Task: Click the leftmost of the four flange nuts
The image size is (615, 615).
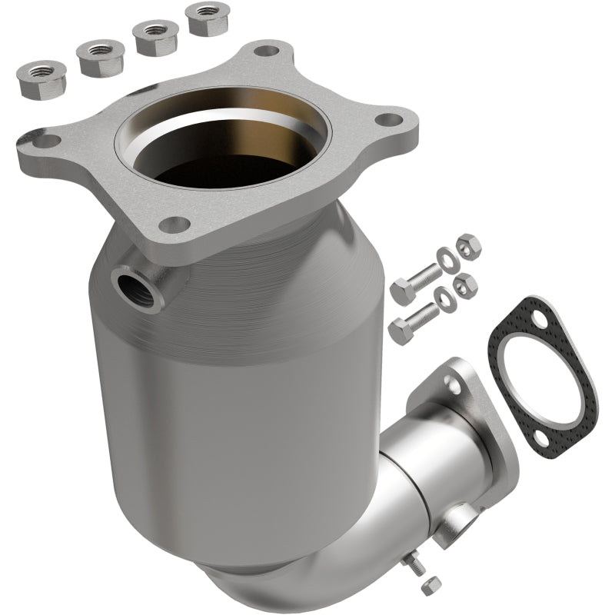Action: click(36, 75)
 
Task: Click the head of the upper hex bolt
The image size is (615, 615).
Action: click(401, 291)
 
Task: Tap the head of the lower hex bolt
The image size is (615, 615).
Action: click(401, 330)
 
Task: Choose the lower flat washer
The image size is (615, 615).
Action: click(446, 298)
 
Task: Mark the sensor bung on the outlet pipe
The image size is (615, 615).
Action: click(464, 520)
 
